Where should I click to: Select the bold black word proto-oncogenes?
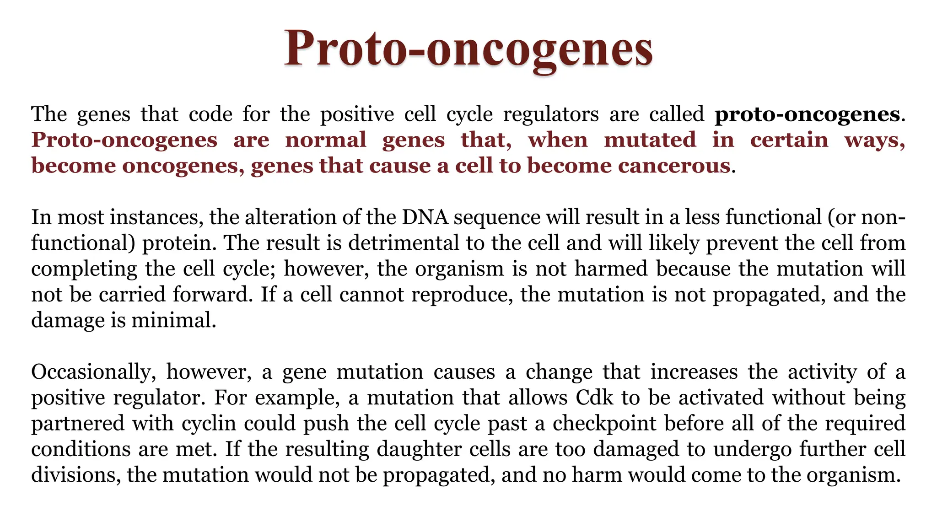click(807, 114)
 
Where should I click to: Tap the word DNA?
click(425, 217)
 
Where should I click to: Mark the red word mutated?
click(650, 140)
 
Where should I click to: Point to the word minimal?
click(173, 320)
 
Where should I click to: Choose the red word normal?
click(326, 140)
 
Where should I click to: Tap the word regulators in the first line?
click(551, 114)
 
